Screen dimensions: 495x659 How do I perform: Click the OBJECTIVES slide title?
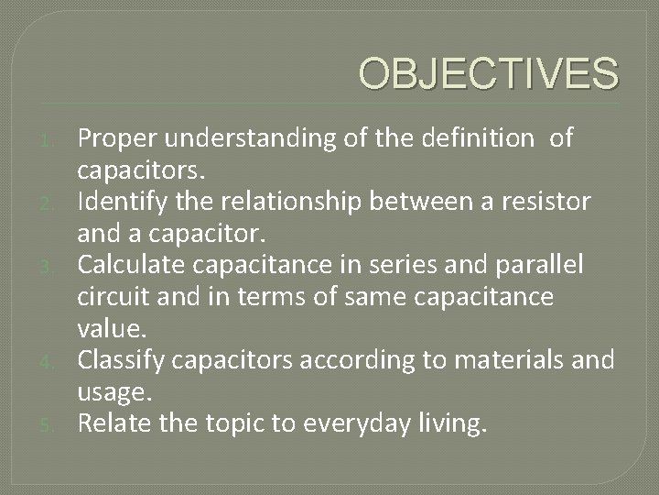(x=488, y=72)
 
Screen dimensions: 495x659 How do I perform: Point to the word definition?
(x=476, y=138)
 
